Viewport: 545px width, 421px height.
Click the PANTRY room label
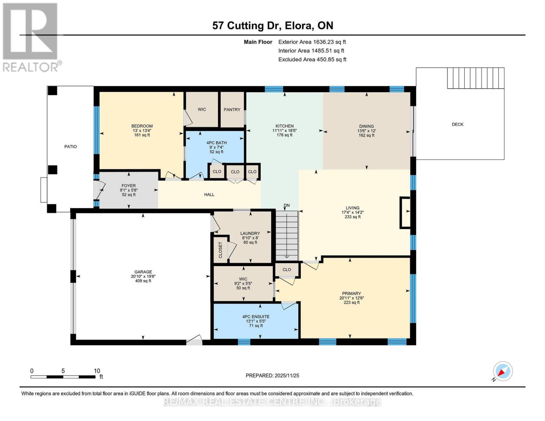(x=232, y=109)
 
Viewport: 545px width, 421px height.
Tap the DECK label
(x=457, y=124)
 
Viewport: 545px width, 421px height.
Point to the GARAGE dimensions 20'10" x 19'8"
(x=143, y=276)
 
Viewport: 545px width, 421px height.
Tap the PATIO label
(x=70, y=146)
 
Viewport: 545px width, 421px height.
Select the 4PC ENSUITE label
(x=256, y=316)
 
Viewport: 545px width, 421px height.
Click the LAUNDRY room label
(x=250, y=233)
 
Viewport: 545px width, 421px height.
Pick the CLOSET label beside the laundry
(x=221, y=250)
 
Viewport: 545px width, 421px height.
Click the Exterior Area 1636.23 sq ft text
(x=312, y=42)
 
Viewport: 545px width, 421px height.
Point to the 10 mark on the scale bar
(x=97, y=371)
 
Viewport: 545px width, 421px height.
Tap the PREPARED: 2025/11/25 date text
(x=272, y=375)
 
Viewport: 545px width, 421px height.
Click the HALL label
(x=209, y=194)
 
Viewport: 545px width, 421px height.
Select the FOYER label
(x=129, y=186)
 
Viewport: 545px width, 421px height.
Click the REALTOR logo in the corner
(x=31, y=37)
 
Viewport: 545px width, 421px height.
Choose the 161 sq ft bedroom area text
(x=142, y=135)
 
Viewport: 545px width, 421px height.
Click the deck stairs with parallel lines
(x=476, y=78)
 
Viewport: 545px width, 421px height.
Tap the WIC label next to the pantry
(x=202, y=109)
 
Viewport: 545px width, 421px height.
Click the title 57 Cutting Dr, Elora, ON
(x=272, y=26)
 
